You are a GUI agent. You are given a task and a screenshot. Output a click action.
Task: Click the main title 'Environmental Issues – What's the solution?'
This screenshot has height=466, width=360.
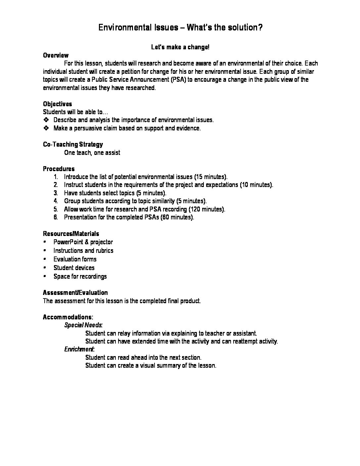coord(180,27)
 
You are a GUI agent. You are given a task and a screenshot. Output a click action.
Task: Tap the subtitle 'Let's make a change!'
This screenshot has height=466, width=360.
coord(180,47)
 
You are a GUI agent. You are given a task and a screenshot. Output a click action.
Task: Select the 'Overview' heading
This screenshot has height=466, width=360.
coord(56,55)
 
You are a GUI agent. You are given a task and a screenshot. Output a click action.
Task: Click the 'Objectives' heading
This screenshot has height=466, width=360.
coord(57,104)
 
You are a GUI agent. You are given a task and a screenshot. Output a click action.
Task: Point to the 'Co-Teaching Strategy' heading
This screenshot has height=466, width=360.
coord(73,144)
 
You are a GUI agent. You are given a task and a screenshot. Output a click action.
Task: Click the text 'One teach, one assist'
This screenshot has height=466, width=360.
coord(92,153)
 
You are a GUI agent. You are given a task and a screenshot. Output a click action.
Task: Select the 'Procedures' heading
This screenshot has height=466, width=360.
coord(59,169)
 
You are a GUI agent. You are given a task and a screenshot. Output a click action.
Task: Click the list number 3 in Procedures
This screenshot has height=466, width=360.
coord(56,193)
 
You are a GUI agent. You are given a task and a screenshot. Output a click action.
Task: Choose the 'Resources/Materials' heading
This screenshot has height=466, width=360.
coord(71,234)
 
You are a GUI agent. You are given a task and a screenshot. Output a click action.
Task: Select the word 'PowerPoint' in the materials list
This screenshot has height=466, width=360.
coord(67,242)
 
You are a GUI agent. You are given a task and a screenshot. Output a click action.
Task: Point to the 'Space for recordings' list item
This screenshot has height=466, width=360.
coord(80,276)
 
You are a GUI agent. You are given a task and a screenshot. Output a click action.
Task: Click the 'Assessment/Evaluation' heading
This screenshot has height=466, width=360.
coord(75,293)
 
